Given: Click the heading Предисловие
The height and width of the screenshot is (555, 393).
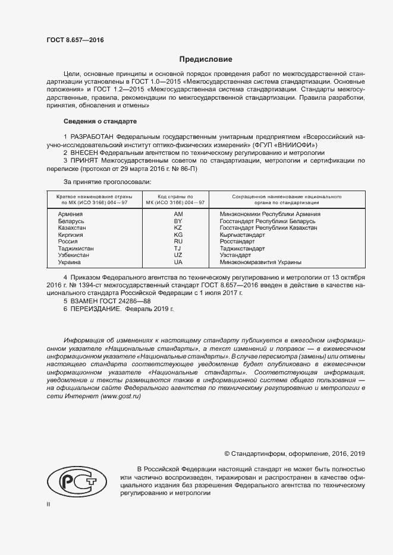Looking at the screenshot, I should pos(206,59).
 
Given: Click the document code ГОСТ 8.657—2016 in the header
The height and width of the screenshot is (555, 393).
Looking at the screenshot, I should pos(75,40).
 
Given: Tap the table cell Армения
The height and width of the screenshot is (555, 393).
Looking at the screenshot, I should pos(70,214).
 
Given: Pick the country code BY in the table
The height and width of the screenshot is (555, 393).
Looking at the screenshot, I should pos(178,221).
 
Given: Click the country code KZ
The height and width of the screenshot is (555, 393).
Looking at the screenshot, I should pos(178,228).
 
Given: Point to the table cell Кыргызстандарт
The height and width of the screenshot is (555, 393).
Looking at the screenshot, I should pos(242,235).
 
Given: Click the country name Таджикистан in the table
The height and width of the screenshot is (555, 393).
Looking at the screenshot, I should pos(76,249).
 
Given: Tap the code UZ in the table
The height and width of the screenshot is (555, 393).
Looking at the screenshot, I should pos(178,255).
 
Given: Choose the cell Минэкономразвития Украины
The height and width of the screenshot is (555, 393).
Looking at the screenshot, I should pos(260,262).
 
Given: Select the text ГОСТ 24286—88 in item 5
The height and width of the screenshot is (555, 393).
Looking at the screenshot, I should pos(126,302).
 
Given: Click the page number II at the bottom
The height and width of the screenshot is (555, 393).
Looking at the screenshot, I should pos(49,503).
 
